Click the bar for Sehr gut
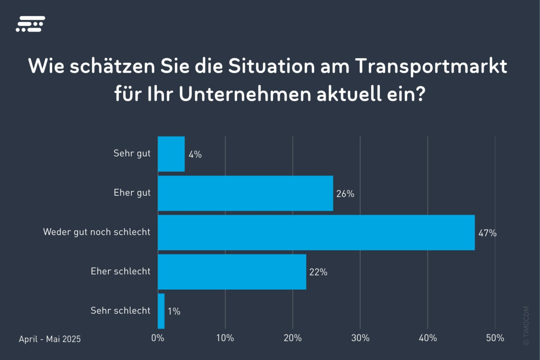tap(171, 154)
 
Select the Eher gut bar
tap(245, 193)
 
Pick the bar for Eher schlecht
tap(232, 272)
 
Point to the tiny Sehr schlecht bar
tap(161, 311)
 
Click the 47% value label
tap(487, 233)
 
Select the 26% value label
tap(346, 194)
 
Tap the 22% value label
tap(318, 272)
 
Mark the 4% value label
tap(195, 155)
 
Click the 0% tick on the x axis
tap(157, 338)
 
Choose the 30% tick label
tap(360, 338)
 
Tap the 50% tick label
tap(495, 338)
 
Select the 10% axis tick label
tap(225, 338)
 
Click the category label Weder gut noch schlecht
tap(97, 232)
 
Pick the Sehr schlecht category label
tap(120, 310)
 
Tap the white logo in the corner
tap(30, 24)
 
